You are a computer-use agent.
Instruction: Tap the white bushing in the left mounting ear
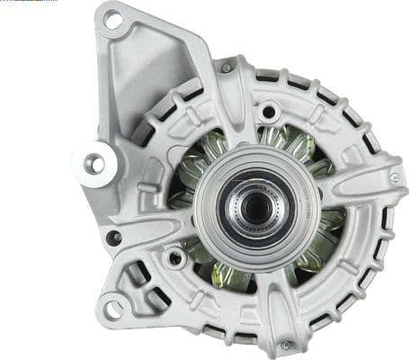coord(94,164)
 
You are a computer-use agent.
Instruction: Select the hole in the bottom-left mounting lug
coord(112,309)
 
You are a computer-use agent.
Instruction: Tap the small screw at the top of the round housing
coord(227,67)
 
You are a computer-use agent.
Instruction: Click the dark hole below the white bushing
coord(113,238)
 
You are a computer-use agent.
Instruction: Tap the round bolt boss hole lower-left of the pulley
coord(177,257)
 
